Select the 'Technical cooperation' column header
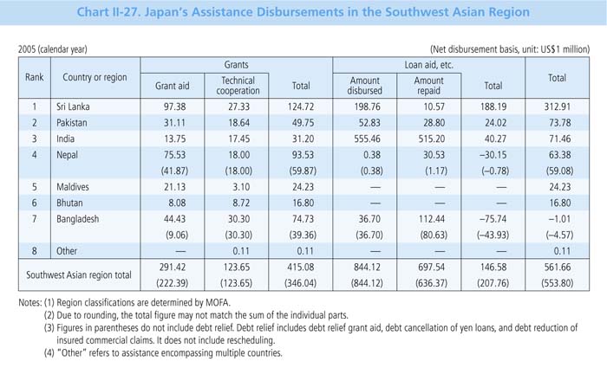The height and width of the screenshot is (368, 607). (231, 82)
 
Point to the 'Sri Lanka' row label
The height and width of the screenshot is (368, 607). (83, 109)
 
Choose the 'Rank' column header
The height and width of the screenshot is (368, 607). (34, 77)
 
